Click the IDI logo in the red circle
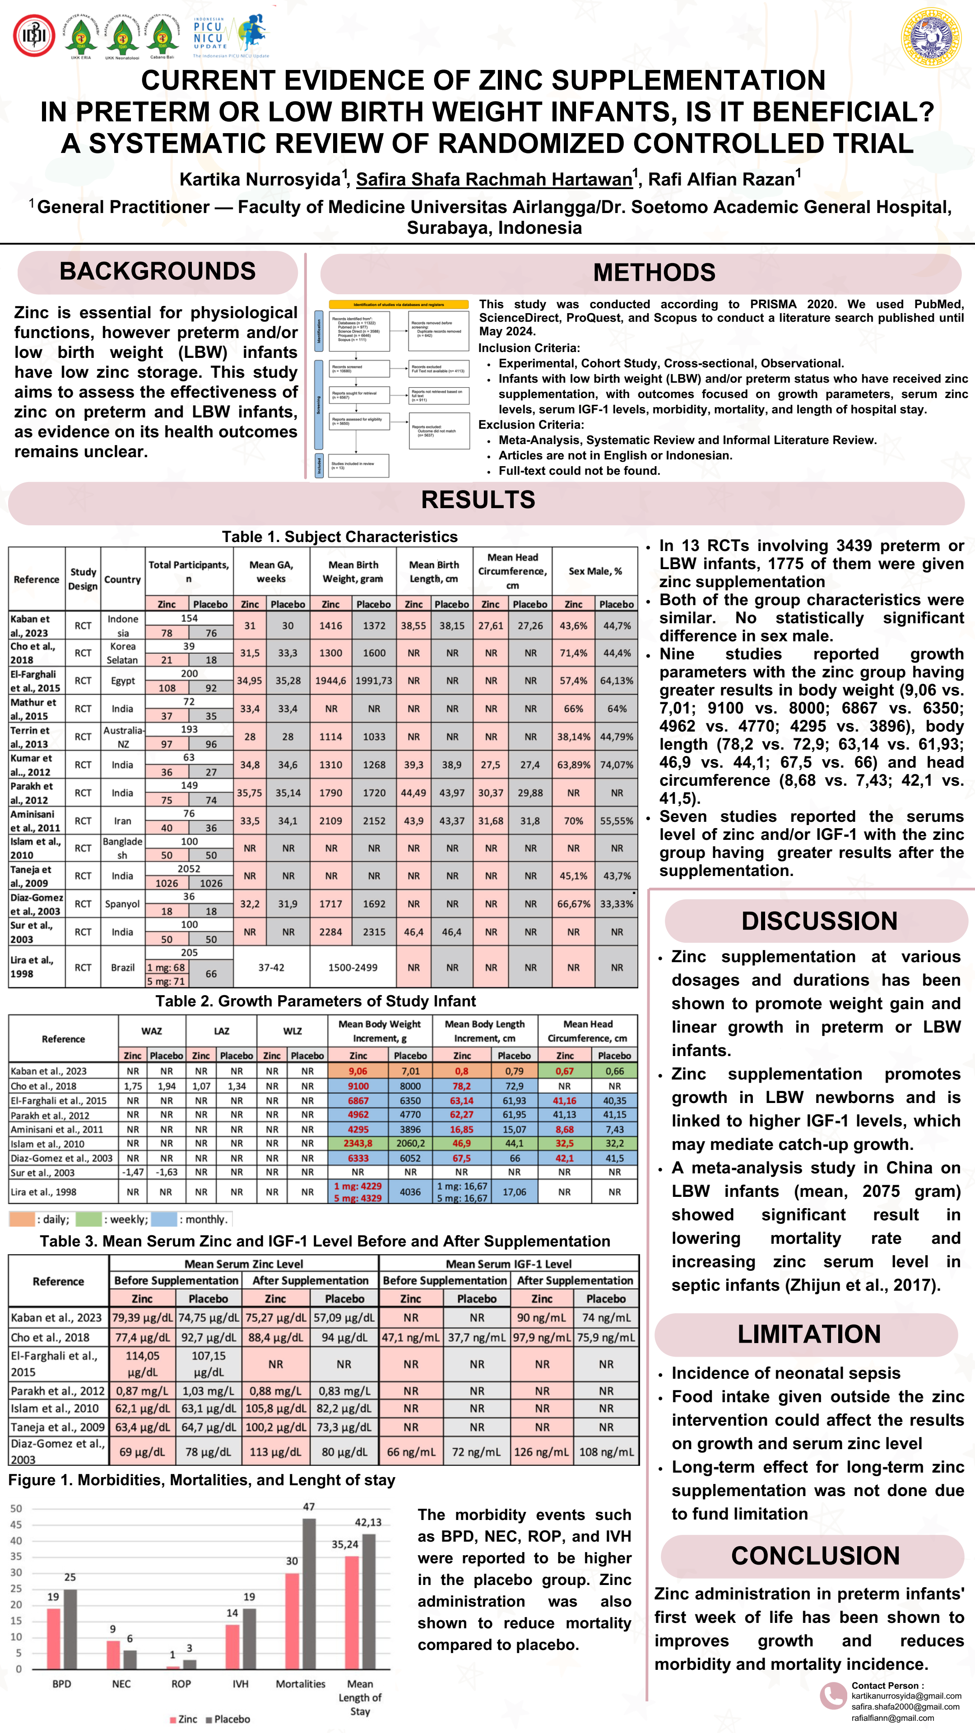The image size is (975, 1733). coord(34,35)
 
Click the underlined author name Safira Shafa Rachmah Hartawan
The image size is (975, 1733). coord(494,180)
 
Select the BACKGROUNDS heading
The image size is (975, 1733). coord(158,272)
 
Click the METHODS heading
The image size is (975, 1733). coord(654,273)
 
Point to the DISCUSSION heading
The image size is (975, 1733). coord(819,921)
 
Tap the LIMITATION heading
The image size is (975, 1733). coord(809,1334)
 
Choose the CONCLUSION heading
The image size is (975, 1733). coord(815,1556)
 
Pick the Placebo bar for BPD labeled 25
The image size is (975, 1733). coord(70,1629)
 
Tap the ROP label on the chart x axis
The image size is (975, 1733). coord(181,1684)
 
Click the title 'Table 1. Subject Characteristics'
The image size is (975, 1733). coord(340,537)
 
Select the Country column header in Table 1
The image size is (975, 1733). coord(122,579)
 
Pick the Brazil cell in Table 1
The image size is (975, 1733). coord(122,968)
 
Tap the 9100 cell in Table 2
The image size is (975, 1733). coord(358,1086)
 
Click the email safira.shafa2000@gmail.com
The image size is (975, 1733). coord(905,1707)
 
